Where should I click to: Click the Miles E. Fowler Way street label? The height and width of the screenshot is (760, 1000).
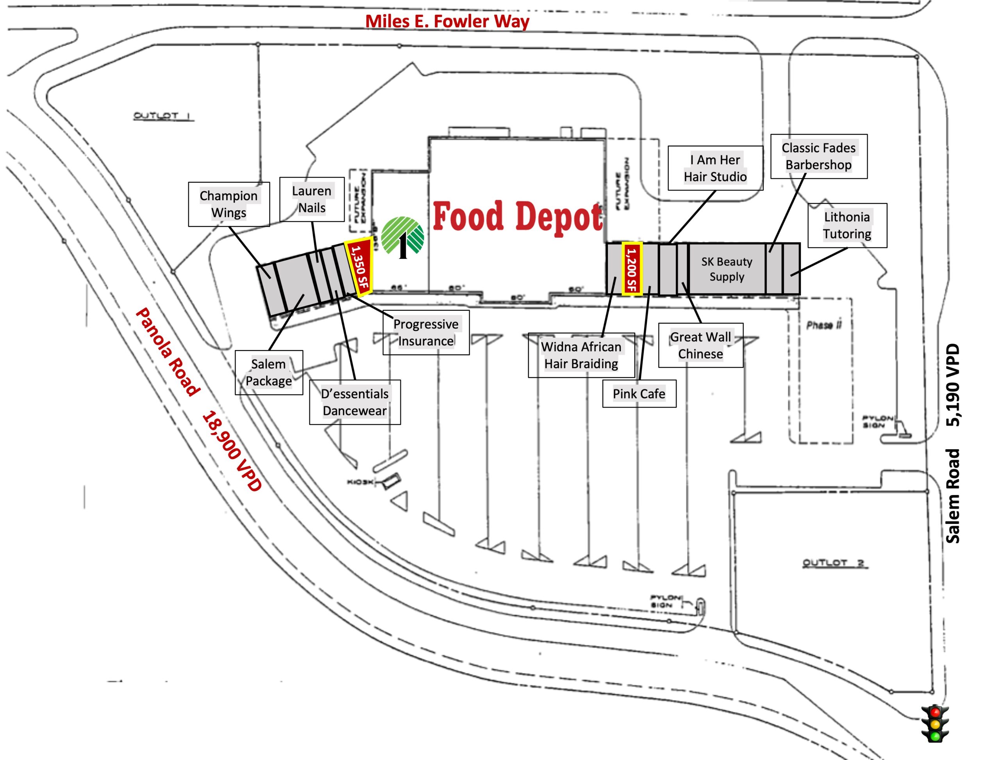click(447, 21)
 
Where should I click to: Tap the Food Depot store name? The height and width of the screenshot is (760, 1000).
click(518, 217)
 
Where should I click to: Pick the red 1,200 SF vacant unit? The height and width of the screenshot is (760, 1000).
click(632, 269)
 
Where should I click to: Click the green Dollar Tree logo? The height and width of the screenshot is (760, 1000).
click(402, 237)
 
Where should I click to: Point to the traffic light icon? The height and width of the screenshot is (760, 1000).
click(935, 724)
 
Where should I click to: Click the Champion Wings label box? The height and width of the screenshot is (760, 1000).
click(229, 204)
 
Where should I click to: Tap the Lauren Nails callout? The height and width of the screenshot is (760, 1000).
click(311, 199)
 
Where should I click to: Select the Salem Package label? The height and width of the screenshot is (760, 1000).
click(268, 372)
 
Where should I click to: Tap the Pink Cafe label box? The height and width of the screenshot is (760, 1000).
click(639, 393)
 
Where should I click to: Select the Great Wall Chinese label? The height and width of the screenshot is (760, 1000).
click(700, 345)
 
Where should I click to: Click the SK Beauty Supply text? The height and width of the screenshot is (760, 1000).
click(727, 269)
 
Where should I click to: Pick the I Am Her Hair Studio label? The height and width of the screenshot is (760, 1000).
click(715, 168)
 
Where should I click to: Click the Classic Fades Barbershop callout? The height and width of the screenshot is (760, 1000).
click(818, 156)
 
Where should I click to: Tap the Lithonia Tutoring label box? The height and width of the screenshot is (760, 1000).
click(847, 225)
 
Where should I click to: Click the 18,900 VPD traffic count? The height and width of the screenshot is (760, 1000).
click(231, 450)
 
